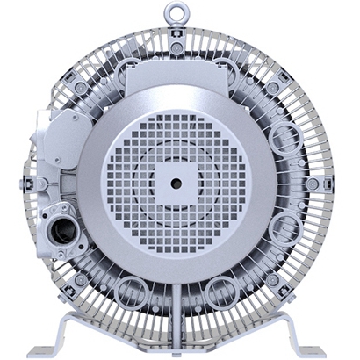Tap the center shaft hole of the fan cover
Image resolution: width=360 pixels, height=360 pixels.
pos(176,183)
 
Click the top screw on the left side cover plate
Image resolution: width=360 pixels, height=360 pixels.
pos(48,118)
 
